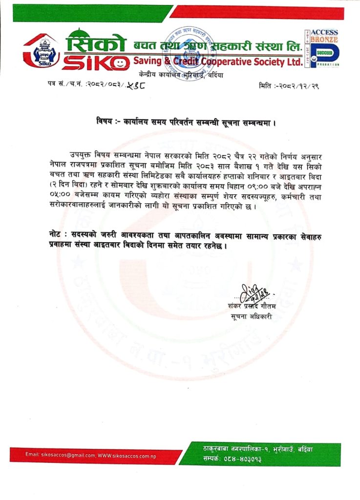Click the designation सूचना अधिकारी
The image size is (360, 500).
[x=252, y=316]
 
